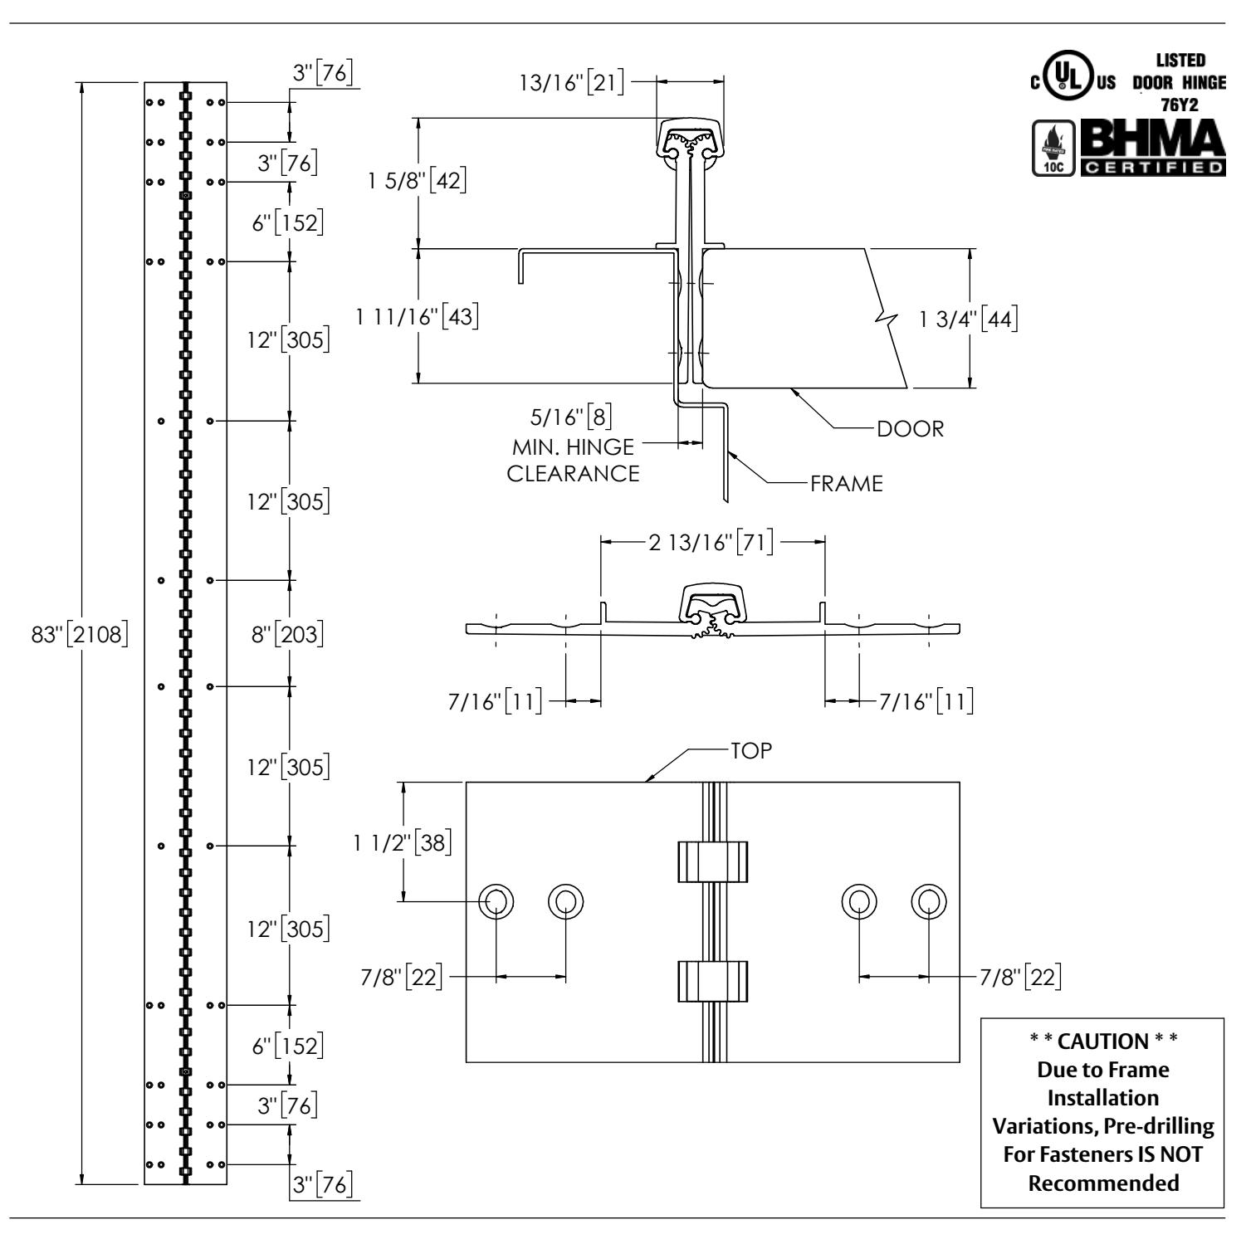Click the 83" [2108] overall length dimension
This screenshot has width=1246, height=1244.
click(78, 635)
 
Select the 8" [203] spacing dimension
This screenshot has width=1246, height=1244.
click(288, 635)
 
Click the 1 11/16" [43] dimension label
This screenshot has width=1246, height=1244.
click(417, 316)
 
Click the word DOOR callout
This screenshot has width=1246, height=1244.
click(911, 429)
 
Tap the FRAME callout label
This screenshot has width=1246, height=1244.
click(847, 484)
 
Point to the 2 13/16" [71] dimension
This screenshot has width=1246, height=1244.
click(711, 544)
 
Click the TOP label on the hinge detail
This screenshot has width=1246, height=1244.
click(751, 750)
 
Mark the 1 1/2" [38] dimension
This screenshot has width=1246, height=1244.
click(402, 842)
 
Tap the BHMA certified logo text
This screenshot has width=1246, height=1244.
click(1151, 148)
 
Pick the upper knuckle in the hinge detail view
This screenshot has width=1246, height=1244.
click(712, 861)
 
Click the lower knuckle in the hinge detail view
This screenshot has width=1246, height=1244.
click(712, 981)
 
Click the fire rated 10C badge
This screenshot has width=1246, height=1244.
click(1051, 148)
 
